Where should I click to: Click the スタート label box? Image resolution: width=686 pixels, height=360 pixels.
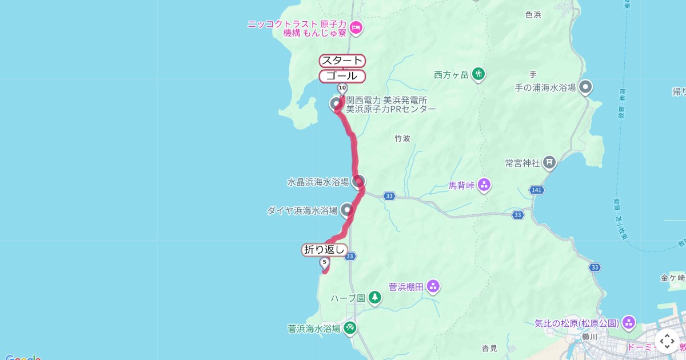pos(342,61)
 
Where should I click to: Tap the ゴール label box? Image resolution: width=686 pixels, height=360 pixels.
pos(342,75)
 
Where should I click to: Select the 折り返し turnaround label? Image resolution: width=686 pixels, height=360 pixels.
pos(325,249)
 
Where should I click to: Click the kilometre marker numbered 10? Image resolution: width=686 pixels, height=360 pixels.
pos(342,88)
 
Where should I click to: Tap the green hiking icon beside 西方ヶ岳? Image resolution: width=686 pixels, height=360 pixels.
pos(479,74)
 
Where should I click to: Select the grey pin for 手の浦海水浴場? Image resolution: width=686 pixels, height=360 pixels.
pos(585,87)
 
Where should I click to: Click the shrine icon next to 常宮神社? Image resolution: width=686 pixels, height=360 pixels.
pos(549,163)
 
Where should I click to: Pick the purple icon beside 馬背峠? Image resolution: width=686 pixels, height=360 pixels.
pos(484,184)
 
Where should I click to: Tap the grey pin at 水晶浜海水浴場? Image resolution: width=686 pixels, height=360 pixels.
pos(358,182)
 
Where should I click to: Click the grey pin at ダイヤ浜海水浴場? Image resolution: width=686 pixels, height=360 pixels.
pos(347,210)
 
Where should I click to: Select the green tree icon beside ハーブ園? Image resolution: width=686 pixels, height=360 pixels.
pos(374,297)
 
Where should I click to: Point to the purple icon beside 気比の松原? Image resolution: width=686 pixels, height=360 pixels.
pos(629,323)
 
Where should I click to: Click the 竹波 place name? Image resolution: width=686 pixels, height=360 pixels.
pos(403,138)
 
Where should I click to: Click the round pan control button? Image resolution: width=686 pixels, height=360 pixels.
pos(667,341)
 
